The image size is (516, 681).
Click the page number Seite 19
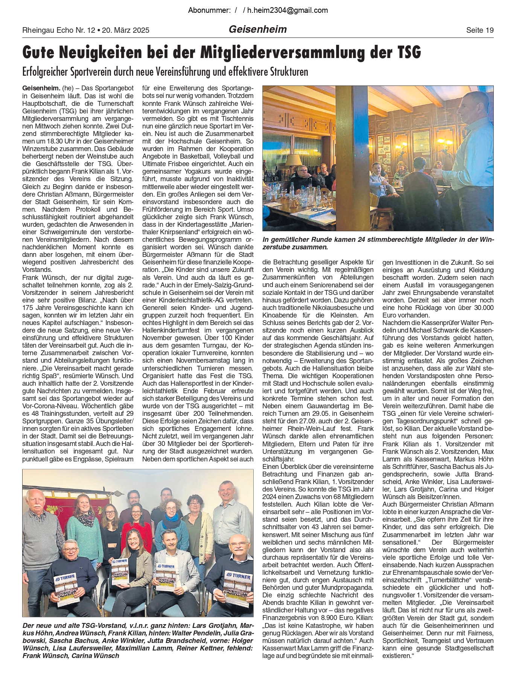click(x=479, y=30)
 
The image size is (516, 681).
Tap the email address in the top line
click(x=287, y=10)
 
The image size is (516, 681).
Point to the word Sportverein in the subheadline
click(x=90, y=72)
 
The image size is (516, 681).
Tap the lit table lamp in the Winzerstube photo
click(x=294, y=160)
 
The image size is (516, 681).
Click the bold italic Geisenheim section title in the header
click(x=258, y=29)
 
